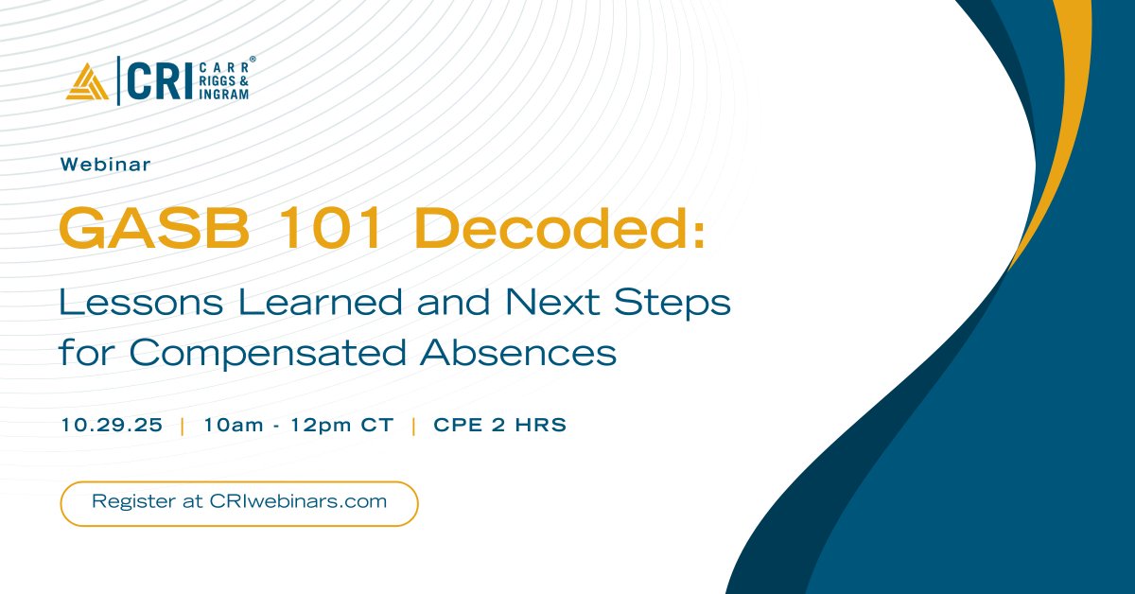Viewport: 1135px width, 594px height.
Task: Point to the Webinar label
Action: [x=105, y=164]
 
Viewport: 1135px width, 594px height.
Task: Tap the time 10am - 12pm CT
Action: [x=298, y=426]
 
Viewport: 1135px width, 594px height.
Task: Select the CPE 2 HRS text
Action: [x=499, y=426]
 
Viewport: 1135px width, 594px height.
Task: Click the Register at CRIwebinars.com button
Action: [x=239, y=502]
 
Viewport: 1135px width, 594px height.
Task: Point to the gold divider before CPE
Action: [x=413, y=426]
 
